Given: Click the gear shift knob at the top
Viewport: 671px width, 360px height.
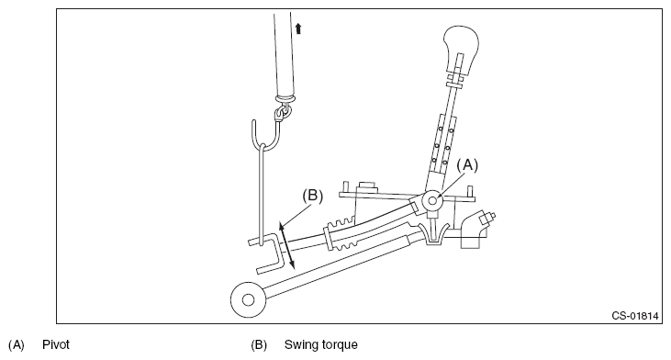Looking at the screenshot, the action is tap(461, 47).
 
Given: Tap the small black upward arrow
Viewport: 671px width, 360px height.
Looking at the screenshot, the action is tap(298, 28).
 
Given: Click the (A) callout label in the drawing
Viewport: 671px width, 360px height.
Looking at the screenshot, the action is tap(467, 165).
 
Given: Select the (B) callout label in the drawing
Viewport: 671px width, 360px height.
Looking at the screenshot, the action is tap(313, 196).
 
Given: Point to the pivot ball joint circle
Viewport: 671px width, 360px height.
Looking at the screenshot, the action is tap(432, 200).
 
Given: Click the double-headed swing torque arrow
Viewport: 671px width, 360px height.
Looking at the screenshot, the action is tap(286, 246).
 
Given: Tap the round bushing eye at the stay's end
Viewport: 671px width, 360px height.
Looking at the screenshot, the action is tap(248, 299).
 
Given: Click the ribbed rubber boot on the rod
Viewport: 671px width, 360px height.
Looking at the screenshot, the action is tap(341, 236).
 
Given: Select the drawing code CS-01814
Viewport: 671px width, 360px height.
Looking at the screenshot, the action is tap(634, 316).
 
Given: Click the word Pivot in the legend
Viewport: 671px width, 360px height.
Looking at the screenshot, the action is tap(56, 344).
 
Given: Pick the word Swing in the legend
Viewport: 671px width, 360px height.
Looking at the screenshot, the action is tap(299, 345).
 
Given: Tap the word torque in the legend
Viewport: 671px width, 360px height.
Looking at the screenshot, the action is tap(338, 345).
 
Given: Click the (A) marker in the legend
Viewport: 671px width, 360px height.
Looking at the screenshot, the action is tap(17, 345).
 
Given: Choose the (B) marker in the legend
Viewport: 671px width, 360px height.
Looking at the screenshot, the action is tap(259, 345).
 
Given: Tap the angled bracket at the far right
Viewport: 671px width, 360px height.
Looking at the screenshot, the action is tap(475, 230).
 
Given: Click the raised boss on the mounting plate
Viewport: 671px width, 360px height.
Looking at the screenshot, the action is tap(367, 186).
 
